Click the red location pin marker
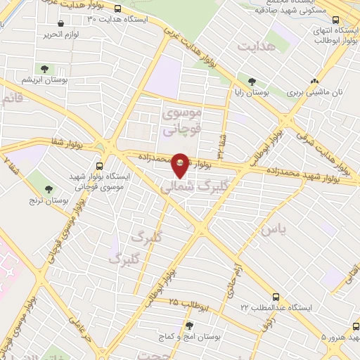(181, 166)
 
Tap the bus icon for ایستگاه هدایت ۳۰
(117, 9)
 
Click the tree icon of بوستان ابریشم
(44, 69)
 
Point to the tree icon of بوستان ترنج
(49, 188)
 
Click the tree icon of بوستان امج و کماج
(189, 325)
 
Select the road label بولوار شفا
(67, 143)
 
